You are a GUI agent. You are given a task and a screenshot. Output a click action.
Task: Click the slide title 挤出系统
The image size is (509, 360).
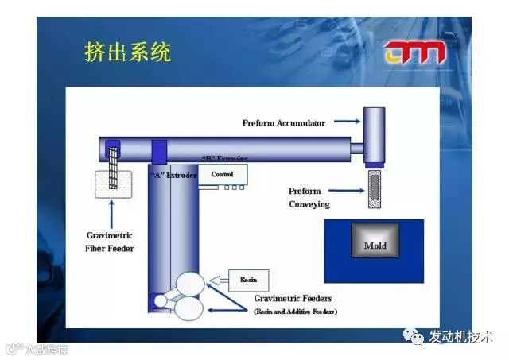128,53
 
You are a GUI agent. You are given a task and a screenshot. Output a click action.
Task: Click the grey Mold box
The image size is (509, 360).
375,246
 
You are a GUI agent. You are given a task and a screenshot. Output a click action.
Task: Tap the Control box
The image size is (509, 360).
223,173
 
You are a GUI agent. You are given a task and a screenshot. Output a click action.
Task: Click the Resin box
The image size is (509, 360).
249,280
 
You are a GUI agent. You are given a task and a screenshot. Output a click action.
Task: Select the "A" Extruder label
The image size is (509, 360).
173,174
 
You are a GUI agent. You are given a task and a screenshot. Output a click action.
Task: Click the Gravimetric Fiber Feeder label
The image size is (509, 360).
110,242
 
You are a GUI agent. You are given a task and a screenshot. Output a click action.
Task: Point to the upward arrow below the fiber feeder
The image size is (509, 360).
110,214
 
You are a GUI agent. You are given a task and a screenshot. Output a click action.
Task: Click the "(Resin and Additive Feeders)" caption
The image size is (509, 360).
295,312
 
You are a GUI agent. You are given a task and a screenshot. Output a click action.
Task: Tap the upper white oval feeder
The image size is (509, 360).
191,285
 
